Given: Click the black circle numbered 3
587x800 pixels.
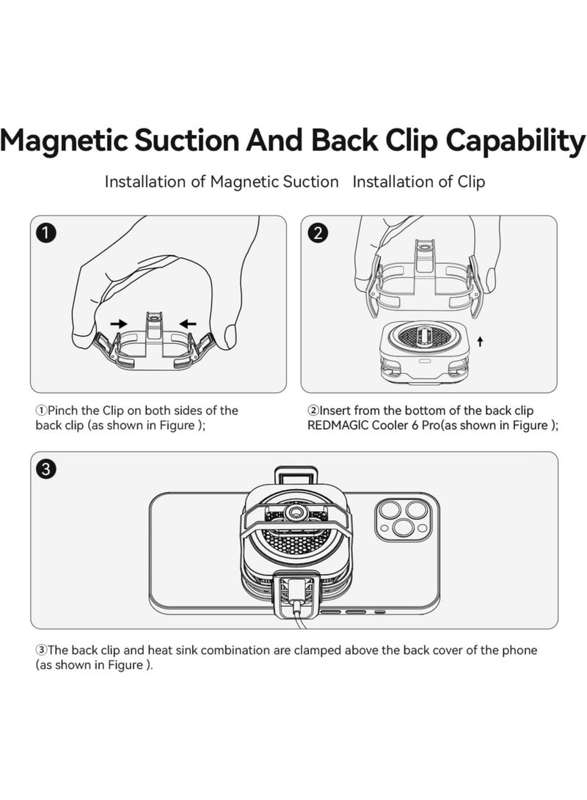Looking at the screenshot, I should pyautogui.click(x=46, y=469).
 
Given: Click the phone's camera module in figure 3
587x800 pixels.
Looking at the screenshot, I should pyautogui.click(x=400, y=516).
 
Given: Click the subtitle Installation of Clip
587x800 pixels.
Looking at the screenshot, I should pyautogui.click(x=418, y=181).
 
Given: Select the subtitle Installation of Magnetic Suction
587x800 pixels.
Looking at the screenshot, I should pyautogui.click(x=222, y=181).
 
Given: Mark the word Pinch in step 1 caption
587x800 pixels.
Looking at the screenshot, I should pyautogui.click(x=64, y=411).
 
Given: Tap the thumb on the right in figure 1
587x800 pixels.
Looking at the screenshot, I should pyautogui.click(x=230, y=336).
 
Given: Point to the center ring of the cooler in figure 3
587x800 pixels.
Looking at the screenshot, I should pyautogui.click(x=297, y=513).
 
